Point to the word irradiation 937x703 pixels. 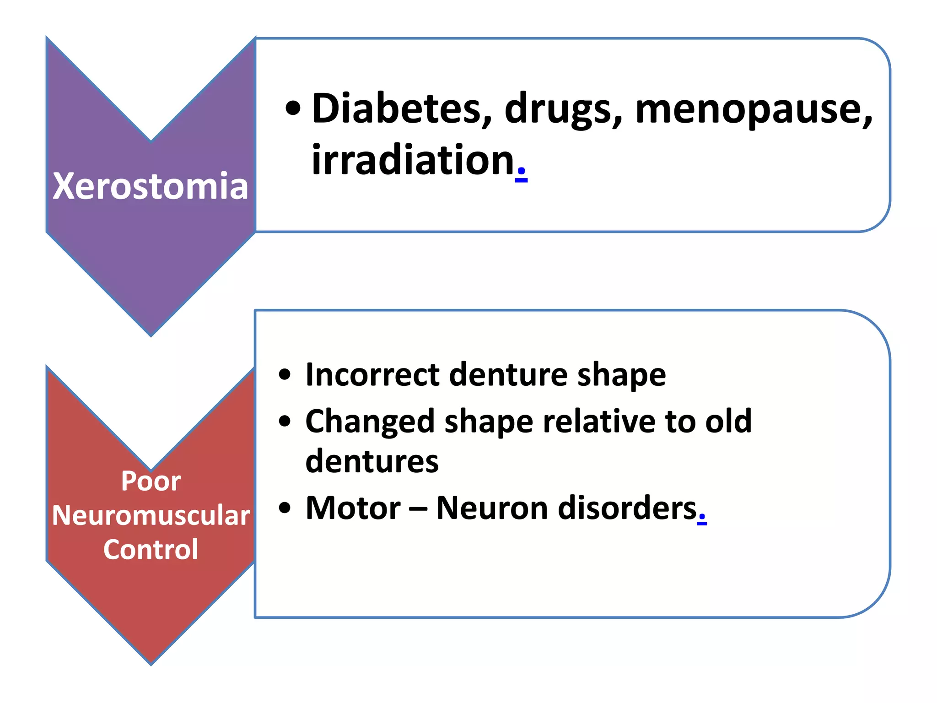coord(413,160)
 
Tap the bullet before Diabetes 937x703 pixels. coord(293,109)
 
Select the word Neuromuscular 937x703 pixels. coord(151,515)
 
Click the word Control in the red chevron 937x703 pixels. coord(151,549)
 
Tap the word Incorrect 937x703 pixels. coord(372,374)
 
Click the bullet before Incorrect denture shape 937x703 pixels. coord(285,374)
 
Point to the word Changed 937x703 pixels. coord(369,421)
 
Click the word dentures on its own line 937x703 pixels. coord(372,461)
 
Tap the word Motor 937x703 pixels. coord(353,508)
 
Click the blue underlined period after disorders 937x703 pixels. coord(702,519)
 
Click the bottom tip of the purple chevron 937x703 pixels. coord(151,335)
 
